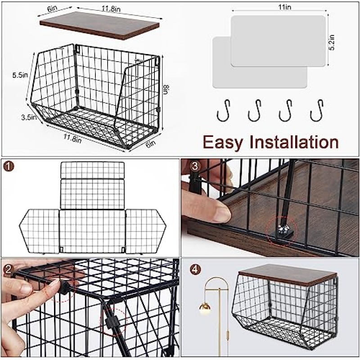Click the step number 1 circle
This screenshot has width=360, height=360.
point(9,166)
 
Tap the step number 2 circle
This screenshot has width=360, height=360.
point(9,269)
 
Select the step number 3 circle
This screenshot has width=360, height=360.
point(195,166)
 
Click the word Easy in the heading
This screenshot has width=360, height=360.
point(222,142)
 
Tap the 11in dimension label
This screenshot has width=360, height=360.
point(285,7)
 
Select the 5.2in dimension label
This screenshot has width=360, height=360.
point(332,42)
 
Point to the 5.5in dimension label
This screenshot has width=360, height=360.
point(20,75)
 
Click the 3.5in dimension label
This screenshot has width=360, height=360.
point(29,118)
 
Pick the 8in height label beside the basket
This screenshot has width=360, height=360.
point(166,90)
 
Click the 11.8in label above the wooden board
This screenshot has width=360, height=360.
point(111,9)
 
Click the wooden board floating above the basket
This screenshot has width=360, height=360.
point(99,26)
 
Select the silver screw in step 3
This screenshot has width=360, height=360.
point(282,229)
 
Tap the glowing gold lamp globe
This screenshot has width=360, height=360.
point(205,308)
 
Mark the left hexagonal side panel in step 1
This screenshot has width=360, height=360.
point(39,231)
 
